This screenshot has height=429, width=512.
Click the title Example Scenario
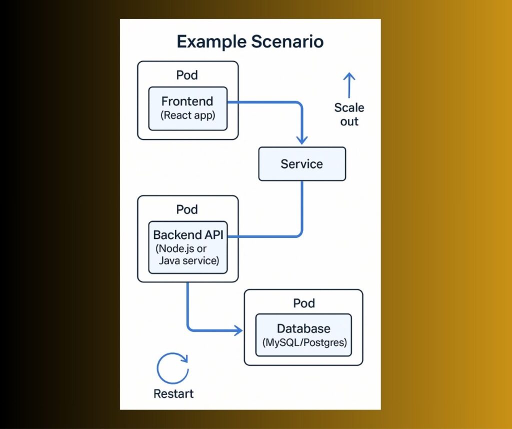coord(250,41)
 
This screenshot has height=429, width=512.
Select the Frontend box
coord(187,108)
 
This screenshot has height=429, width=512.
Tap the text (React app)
coord(187,115)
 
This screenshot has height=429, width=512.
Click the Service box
coord(301,164)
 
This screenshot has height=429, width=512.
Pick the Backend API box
coord(188,247)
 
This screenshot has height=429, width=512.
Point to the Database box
coord(303,335)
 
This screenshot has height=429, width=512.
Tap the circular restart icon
coord(172,368)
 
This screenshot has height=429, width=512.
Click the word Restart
coord(173,393)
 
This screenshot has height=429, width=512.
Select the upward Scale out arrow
coord(349,84)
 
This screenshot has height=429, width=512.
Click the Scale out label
coord(349,114)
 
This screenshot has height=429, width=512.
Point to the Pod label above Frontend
coord(187,75)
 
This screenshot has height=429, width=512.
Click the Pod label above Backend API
coord(187,209)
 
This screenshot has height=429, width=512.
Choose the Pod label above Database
coord(304,303)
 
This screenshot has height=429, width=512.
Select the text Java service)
coord(188,260)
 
